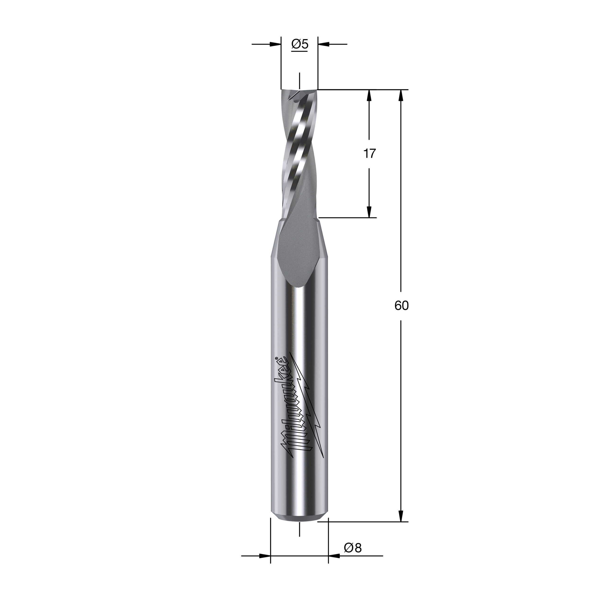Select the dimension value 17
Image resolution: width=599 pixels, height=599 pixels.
[x=369, y=153]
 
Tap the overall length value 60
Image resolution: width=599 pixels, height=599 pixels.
[x=402, y=306]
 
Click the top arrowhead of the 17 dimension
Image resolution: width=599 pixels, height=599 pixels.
[x=369, y=95]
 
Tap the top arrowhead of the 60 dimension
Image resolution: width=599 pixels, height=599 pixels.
[x=401, y=95]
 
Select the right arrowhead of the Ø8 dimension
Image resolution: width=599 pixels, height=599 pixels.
[x=334, y=565]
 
